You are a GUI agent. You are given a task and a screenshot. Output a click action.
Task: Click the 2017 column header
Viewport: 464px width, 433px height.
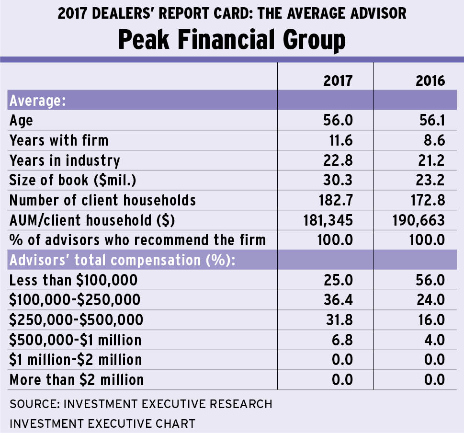(x=338, y=80)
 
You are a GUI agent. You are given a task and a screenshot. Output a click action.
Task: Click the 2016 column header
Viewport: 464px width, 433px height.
(x=430, y=80)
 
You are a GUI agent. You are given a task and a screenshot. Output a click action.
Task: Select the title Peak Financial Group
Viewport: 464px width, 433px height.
(x=232, y=40)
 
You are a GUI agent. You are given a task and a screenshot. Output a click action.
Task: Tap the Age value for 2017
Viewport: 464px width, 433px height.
(x=338, y=120)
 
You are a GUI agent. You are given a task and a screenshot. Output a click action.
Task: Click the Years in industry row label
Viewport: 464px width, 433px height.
(x=65, y=160)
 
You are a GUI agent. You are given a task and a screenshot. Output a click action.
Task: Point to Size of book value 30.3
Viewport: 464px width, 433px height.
(x=338, y=180)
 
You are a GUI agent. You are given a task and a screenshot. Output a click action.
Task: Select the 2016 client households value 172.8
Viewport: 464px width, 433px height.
(x=426, y=200)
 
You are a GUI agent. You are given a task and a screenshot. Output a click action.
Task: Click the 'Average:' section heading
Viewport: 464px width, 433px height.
(x=38, y=101)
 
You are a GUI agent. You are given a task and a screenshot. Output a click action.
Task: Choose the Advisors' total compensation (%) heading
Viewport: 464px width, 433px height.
(x=124, y=260)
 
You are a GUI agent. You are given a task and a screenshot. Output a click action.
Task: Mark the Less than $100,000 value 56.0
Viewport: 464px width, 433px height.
(x=430, y=280)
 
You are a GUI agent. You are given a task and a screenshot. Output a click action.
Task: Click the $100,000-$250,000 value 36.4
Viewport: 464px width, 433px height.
(x=338, y=300)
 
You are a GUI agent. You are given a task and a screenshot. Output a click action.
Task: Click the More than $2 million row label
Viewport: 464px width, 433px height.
(x=77, y=380)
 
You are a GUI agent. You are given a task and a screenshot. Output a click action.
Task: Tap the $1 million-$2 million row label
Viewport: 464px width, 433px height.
(x=76, y=360)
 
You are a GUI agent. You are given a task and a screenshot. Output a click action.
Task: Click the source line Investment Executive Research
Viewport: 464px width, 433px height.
(x=141, y=404)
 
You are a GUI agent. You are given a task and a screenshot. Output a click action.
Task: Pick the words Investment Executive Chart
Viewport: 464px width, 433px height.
(x=102, y=423)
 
